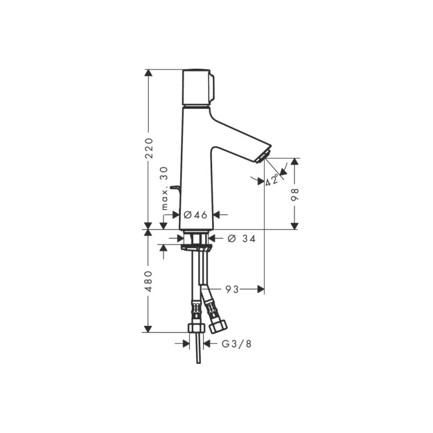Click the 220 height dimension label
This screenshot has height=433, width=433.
(x=149, y=148)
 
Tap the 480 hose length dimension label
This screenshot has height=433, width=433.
(x=149, y=281)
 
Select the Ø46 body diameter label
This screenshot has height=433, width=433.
(x=195, y=214)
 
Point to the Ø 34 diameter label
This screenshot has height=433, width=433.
(x=241, y=239)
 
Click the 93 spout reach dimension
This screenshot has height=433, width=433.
(x=232, y=290)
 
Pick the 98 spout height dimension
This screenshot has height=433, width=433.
(x=295, y=194)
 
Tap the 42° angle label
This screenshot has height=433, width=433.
(x=271, y=180)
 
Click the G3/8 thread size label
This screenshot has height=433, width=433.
(x=237, y=344)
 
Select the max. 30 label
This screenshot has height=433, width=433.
(x=165, y=188)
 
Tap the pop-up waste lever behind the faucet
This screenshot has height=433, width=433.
(x=175, y=188)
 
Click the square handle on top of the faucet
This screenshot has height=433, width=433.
(x=198, y=88)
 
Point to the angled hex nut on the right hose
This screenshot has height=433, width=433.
(x=218, y=326)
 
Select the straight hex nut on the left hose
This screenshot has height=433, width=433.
(x=196, y=328)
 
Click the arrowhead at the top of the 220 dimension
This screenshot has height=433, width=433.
(x=148, y=73)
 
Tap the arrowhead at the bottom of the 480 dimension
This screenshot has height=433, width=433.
(x=148, y=329)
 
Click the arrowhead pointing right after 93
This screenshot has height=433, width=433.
(x=261, y=290)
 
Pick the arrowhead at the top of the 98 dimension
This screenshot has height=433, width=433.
(x=295, y=162)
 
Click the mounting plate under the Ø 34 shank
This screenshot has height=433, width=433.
(x=196, y=248)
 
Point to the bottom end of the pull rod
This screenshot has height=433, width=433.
(x=199, y=362)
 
